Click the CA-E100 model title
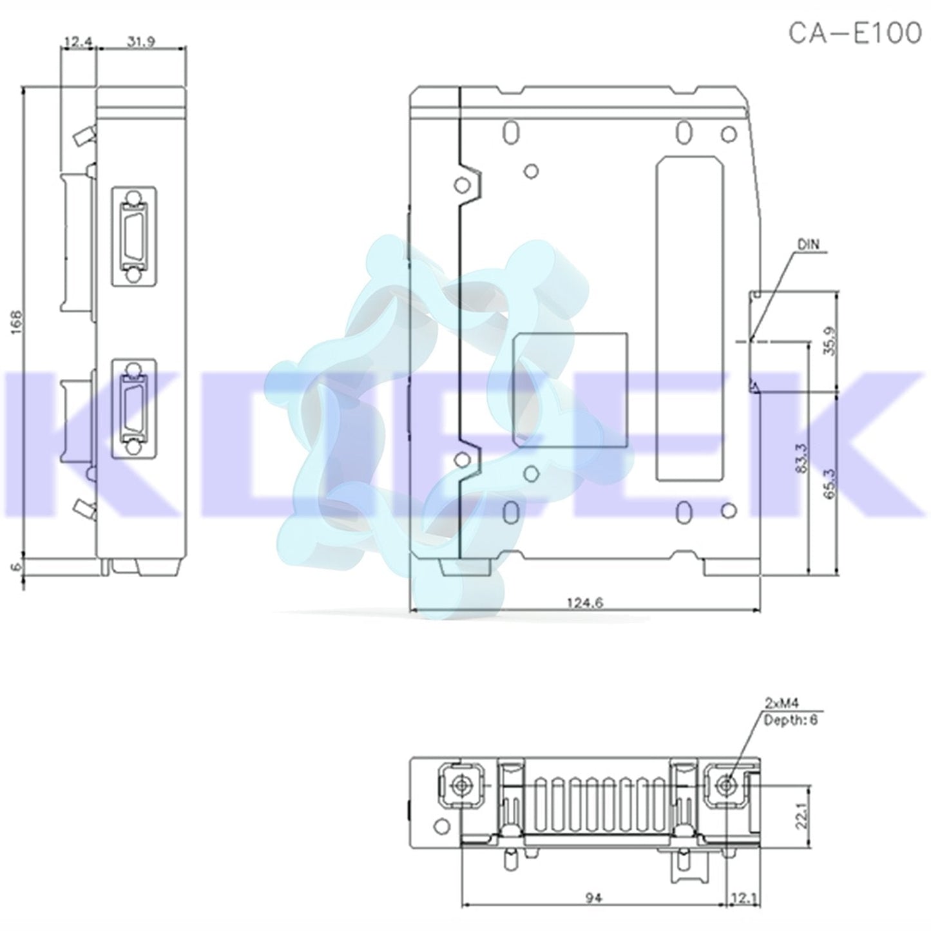[855, 34]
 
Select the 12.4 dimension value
[77, 43]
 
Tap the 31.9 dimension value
[140, 43]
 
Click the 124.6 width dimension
[584, 603]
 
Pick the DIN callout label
[809, 245]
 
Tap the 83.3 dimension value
[800, 458]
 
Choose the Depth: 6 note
[790, 720]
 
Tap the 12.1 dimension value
[742, 897]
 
